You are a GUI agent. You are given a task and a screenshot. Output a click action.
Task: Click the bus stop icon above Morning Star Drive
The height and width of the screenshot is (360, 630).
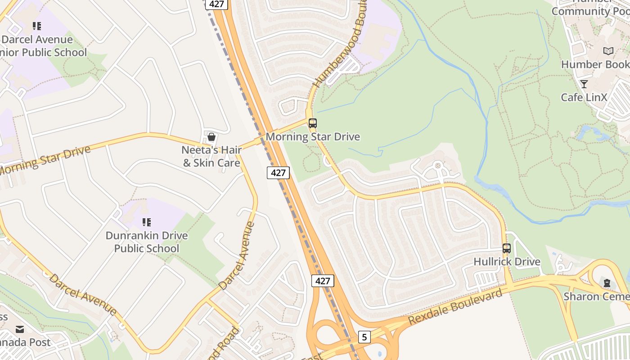pyautogui.click(x=312, y=123)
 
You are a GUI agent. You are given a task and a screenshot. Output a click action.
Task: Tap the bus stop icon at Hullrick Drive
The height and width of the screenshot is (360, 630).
pyautogui.click(x=507, y=248)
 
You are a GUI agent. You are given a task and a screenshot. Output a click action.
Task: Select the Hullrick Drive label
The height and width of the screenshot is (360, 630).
pyautogui.click(x=507, y=261)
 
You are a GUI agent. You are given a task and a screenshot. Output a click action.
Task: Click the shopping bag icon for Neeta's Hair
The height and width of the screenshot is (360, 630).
pyautogui.click(x=211, y=137)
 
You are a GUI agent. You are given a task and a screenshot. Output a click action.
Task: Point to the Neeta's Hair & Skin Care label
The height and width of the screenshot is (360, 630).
pyautogui.click(x=211, y=156)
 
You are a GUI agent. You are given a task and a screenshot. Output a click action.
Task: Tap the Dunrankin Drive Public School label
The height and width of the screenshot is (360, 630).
pyautogui.click(x=147, y=242)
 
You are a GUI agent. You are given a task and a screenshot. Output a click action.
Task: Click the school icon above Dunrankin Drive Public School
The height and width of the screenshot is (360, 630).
pyautogui.click(x=146, y=222)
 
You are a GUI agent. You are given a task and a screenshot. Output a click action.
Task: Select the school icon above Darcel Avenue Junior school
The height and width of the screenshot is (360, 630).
pyautogui.click(x=37, y=26)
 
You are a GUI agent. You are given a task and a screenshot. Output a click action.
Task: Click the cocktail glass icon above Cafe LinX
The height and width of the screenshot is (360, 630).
pyautogui.click(x=584, y=84)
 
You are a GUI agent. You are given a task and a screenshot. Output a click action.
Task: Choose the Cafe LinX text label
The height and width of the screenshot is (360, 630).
pyautogui.click(x=584, y=97)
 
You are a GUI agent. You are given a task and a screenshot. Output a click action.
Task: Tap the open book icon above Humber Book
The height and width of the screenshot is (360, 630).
pyautogui.click(x=608, y=51)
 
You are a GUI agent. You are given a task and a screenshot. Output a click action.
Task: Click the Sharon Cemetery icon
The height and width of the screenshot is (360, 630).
pyautogui.click(x=607, y=283)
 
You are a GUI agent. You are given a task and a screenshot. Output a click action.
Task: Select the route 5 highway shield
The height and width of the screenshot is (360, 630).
pyautogui.click(x=364, y=337)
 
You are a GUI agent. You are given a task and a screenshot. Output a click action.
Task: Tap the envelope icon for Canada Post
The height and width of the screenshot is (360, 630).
pyautogui.click(x=20, y=329)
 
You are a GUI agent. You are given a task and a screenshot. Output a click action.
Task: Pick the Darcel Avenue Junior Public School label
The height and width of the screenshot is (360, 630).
pyautogui.click(x=43, y=46)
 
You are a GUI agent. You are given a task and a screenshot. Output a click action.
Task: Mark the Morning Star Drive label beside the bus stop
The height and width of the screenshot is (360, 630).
pyautogui.click(x=313, y=136)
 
